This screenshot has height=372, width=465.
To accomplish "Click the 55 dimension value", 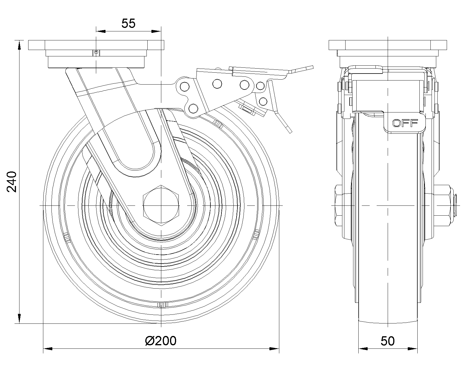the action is coord(128,23).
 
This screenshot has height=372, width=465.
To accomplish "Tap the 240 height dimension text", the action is coord(12,182).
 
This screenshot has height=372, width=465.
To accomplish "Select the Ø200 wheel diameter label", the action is coord(161,341).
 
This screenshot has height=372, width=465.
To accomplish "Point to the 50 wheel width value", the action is coord(388,341).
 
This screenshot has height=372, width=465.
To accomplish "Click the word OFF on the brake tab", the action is coord(405,123).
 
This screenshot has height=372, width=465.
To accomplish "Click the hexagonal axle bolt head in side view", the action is coord(161,205).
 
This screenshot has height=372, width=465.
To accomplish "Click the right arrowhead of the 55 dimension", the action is coord(156,31).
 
